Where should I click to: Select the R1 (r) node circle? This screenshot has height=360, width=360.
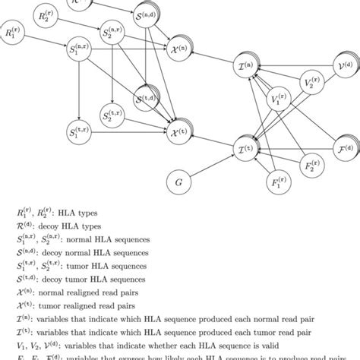19,34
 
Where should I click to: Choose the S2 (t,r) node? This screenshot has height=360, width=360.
115,116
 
